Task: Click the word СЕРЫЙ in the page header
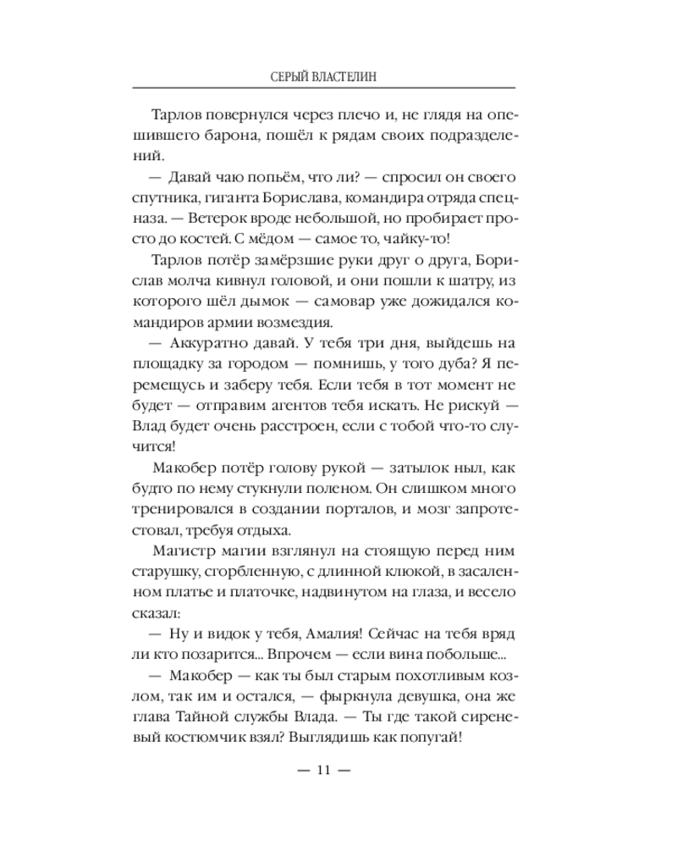pos(284,76)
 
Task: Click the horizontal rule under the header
pos(325,89)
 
